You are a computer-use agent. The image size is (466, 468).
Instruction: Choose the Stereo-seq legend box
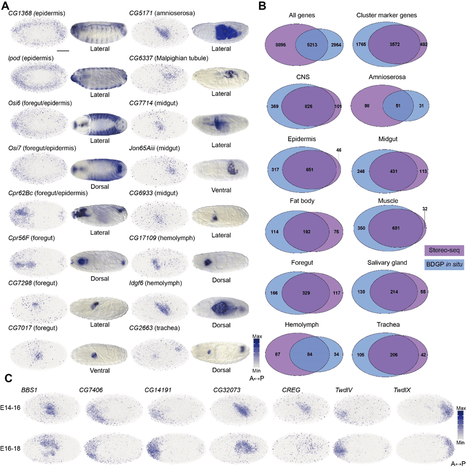point(444,250)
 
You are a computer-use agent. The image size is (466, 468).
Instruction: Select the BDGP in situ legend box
point(444,263)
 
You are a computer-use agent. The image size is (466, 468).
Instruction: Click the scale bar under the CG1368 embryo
point(63,51)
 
